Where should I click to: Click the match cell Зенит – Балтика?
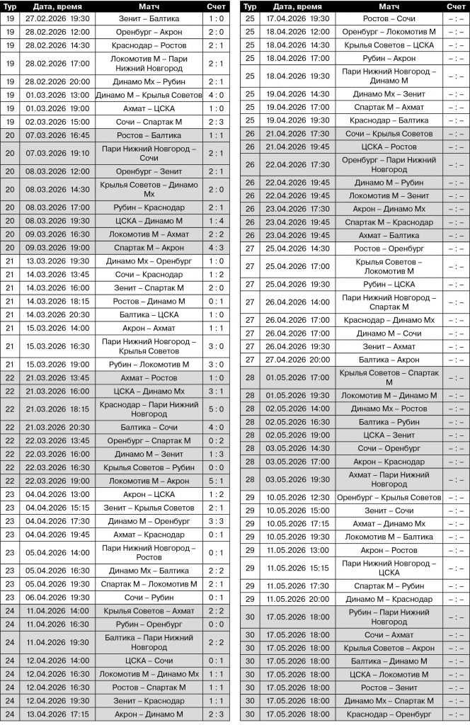(149, 19)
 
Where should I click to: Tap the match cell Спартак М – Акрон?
(149, 248)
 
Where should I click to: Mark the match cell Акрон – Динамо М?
(149, 714)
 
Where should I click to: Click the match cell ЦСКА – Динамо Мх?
(149, 391)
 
